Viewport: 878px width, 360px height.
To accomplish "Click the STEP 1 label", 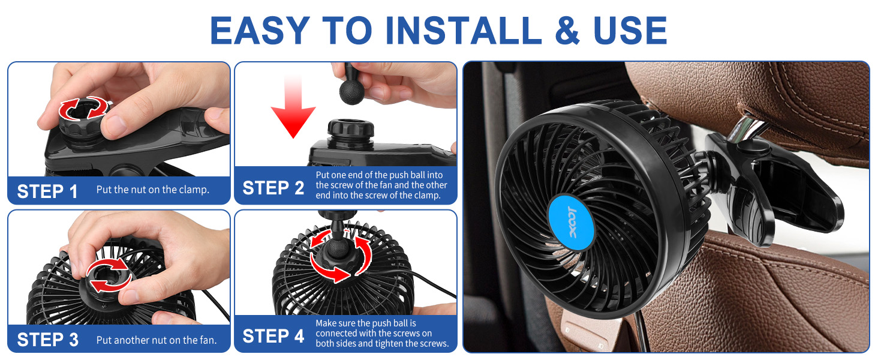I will tap(47, 191).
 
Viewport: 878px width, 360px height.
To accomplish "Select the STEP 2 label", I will tap(273, 188).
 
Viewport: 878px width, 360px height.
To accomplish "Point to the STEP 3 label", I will tap(47, 340).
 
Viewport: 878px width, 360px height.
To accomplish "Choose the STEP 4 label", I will tap(273, 337).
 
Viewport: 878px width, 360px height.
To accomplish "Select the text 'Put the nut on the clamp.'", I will tap(153, 190).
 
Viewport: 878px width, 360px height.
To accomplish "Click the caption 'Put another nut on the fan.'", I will tap(157, 340).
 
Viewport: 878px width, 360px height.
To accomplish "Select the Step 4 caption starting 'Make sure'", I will tap(382, 333).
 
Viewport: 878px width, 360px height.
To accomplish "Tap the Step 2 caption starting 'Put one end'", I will tap(381, 185).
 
